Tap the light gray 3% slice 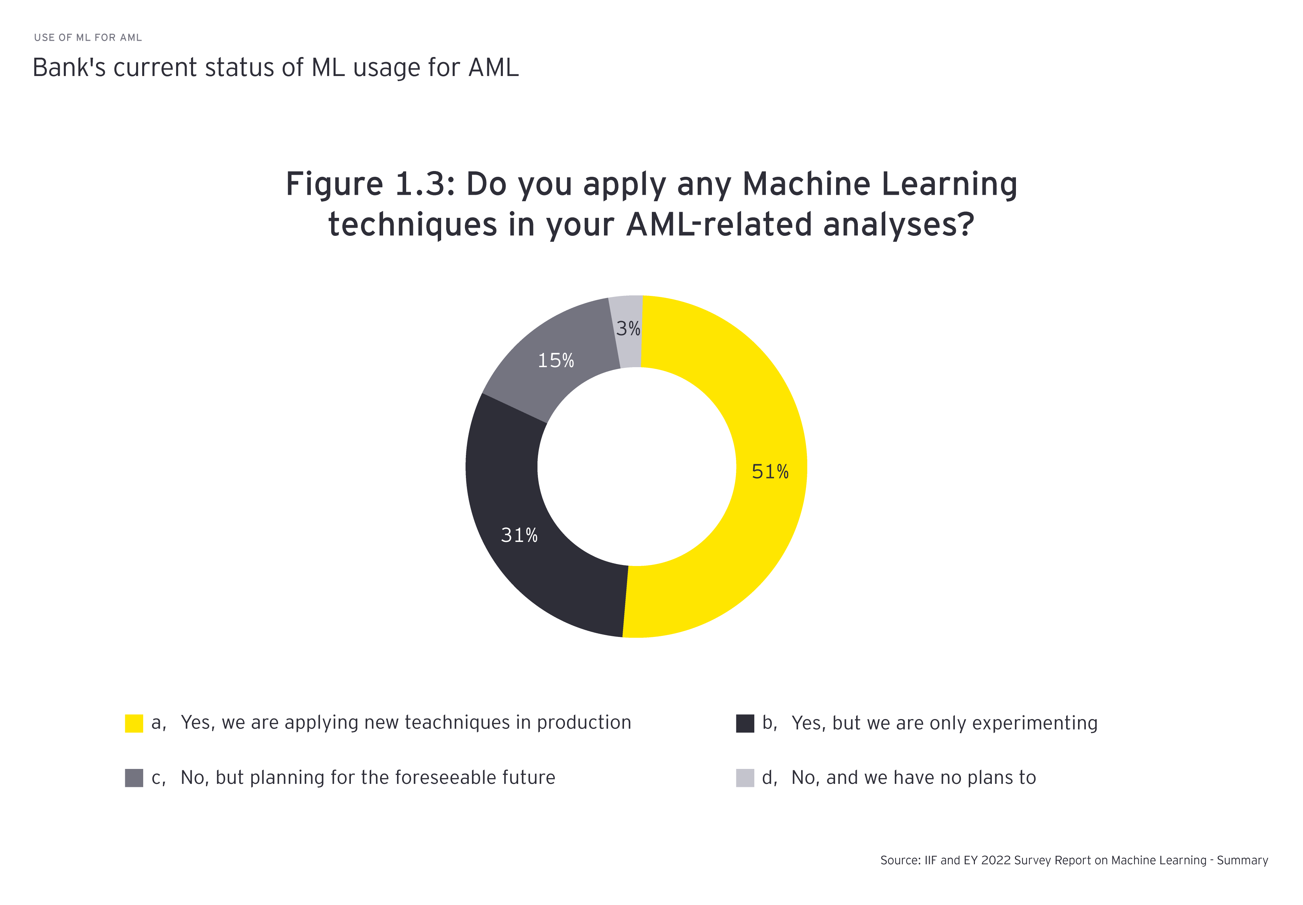(628, 332)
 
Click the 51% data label (770, 472)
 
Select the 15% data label (556, 361)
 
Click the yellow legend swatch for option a (134, 723)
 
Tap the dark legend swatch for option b (745, 723)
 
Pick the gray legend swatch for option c (134, 777)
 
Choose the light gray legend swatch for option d (745, 777)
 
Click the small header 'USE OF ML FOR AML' (88, 37)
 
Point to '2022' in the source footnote (996, 860)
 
